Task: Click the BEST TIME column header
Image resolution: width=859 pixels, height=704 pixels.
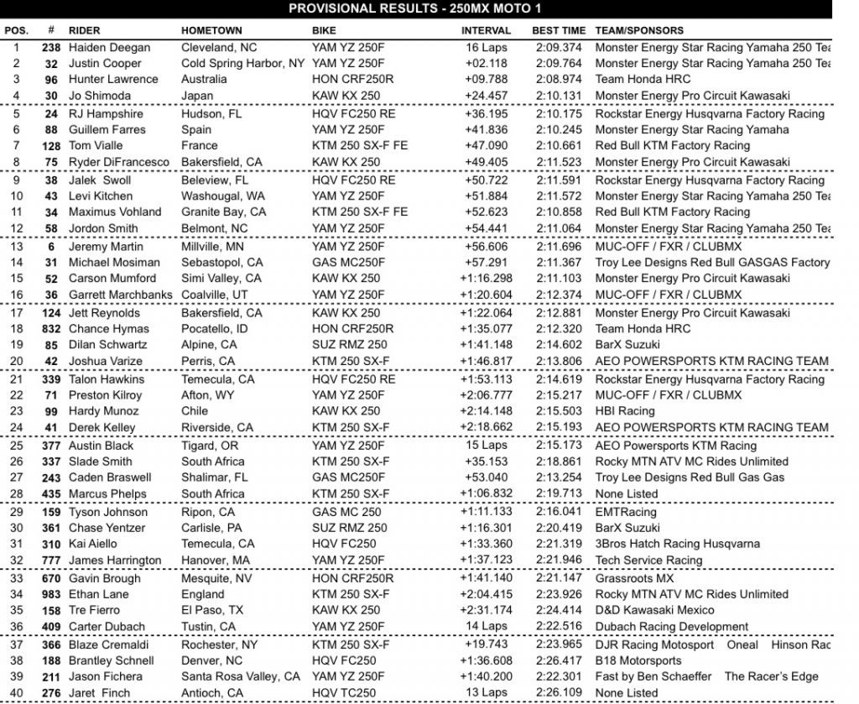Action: (x=559, y=30)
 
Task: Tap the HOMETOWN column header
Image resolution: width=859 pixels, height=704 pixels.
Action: (x=212, y=30)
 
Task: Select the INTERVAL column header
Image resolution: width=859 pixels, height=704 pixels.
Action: (x=486, y=30)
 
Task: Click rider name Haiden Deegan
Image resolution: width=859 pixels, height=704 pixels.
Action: (x=110, y=48)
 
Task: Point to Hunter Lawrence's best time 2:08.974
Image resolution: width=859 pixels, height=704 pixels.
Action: (x=559, y=80)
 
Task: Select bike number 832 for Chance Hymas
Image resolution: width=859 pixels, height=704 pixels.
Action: (x=50, y=329)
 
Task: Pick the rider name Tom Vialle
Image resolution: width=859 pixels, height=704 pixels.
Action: (x=96, y=145)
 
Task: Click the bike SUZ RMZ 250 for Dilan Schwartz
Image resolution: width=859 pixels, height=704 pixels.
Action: (x=350, y=345)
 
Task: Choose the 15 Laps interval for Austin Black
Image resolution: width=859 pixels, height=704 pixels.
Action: (x=485, y=446)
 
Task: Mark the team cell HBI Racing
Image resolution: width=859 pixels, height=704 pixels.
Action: (x=624, y=411)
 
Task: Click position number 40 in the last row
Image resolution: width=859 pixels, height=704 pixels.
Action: (x=15, y=693)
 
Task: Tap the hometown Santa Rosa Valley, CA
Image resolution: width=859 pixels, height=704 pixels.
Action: (x=240, y=676)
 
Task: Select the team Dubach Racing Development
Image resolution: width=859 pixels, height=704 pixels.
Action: (x=671, y=626)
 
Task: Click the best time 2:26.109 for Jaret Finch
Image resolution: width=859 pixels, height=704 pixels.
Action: (x=559, y=693)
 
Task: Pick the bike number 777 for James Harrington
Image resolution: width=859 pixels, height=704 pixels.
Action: (x=50, y=561)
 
